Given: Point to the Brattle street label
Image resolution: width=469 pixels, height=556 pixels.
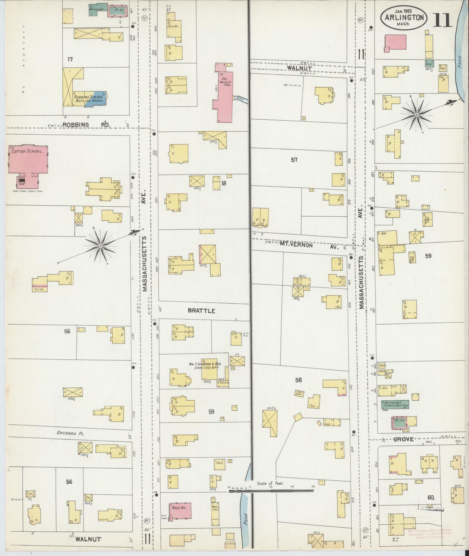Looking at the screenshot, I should [x=201, y=311].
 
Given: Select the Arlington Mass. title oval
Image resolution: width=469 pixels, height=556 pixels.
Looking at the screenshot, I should [x=404, y=18].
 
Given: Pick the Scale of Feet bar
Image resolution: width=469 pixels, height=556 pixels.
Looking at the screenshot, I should [x=271, y=491].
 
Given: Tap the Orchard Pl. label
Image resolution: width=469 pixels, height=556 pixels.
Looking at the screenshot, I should [x=70, y=433].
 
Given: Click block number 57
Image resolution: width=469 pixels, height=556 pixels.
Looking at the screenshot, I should [x=294, y=160].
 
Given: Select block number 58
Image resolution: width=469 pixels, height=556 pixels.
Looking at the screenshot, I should [x=298, y=380].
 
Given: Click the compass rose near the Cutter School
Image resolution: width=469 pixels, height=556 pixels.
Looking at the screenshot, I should [x=101, y=246].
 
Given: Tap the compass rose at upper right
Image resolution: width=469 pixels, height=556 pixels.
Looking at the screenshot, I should [x=416, y=115].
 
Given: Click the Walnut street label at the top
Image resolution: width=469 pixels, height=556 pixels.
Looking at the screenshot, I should [x=299, y=69].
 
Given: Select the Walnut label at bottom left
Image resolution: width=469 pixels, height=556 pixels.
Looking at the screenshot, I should [x=88, y=539].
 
